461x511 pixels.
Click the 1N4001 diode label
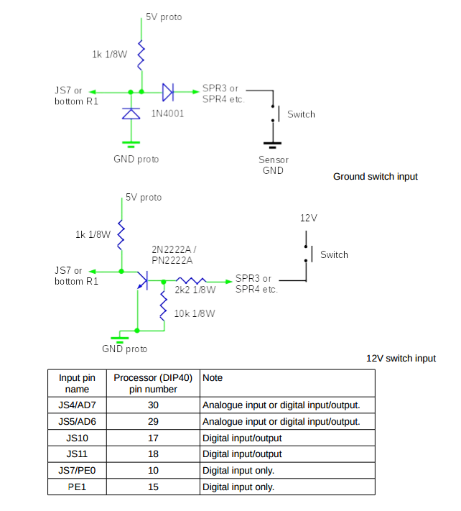(167, 114)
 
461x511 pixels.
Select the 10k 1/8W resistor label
(195, 313)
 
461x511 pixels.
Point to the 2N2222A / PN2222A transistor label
(174, 254)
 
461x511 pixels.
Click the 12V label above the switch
(309, 217)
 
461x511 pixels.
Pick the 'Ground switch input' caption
(375, 176)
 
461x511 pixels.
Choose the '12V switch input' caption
(401, 358)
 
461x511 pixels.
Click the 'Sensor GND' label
(274, 165)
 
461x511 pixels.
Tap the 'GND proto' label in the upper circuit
(136, 159)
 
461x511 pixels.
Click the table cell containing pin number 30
(153, 405)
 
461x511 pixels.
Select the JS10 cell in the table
(77, 438)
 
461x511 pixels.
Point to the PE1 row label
(77, 487)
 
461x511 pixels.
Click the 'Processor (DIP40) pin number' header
(153, 383)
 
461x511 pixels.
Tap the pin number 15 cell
(153, 487)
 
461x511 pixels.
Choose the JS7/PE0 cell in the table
(77, 471)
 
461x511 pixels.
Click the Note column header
(213, 377)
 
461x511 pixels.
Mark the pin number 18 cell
(153, 454)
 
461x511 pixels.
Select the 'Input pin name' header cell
(77, 383)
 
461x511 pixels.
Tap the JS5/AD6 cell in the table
(77, 421)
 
